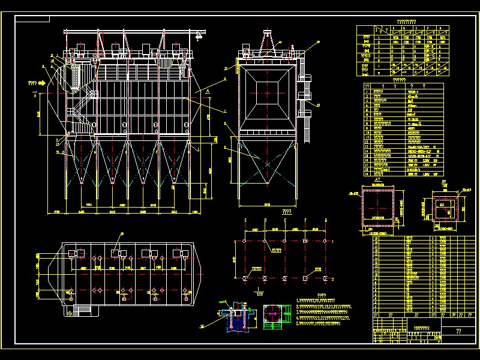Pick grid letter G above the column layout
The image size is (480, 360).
(x=326, y=220)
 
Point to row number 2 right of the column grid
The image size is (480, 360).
(x=332, y=280)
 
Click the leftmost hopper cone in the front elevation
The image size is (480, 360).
(x=80, y=161)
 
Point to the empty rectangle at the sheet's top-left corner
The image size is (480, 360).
(x=33, y=18)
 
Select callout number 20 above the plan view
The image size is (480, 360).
(x=122, y=233)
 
